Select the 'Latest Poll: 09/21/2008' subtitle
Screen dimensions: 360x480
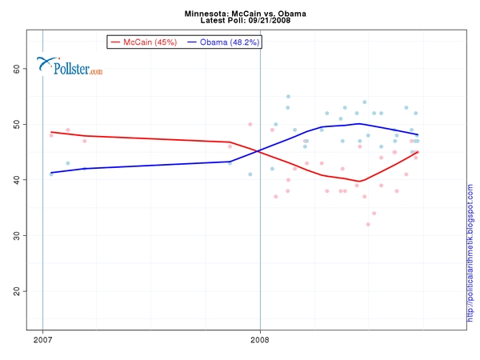pyautogui.click(x=239, y=22)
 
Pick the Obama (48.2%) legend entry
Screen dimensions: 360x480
pyautogui.click(x=223, y=41)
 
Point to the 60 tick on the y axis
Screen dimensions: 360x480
pyautogui.click(x=17, y=69)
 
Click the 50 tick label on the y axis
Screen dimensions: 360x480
pyautogui.click(x=17, y=124)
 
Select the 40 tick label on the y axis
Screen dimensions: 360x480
pyautogui.click(x=17, y=180)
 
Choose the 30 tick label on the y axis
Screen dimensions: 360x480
pyautogui.click(x=17, y=235)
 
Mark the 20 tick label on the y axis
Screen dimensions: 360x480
pyautogui.click(x=17, y=290)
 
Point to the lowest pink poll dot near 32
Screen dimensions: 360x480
pyautogui.click(x=368, y=224)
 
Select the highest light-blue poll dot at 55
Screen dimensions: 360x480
pyautogui.click(x=288, y=97)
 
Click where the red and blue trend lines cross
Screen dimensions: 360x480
pyautogui.click(x=258, y=151)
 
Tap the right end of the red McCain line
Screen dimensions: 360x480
pyautogui.click(x=418, y=152)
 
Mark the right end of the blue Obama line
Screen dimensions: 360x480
pyautogui.click(x=418, y=134)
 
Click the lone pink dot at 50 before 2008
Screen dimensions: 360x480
pyautogui.click(x=250, y=124)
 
